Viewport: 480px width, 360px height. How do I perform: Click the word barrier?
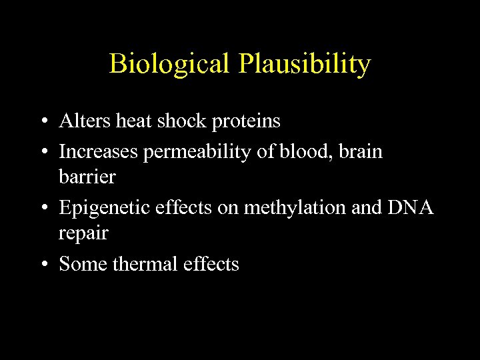(x=87, y=177)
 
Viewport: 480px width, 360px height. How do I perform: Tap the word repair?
(x=83, y=234)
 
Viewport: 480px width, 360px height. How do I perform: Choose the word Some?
(x=83, y=264)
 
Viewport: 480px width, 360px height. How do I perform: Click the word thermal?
(x=148, y=264)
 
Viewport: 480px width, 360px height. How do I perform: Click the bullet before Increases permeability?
(x=43, y=152)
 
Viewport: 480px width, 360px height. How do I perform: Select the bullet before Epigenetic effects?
(x=43, y=209)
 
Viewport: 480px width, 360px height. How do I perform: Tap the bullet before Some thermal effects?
(x=43, y=265)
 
